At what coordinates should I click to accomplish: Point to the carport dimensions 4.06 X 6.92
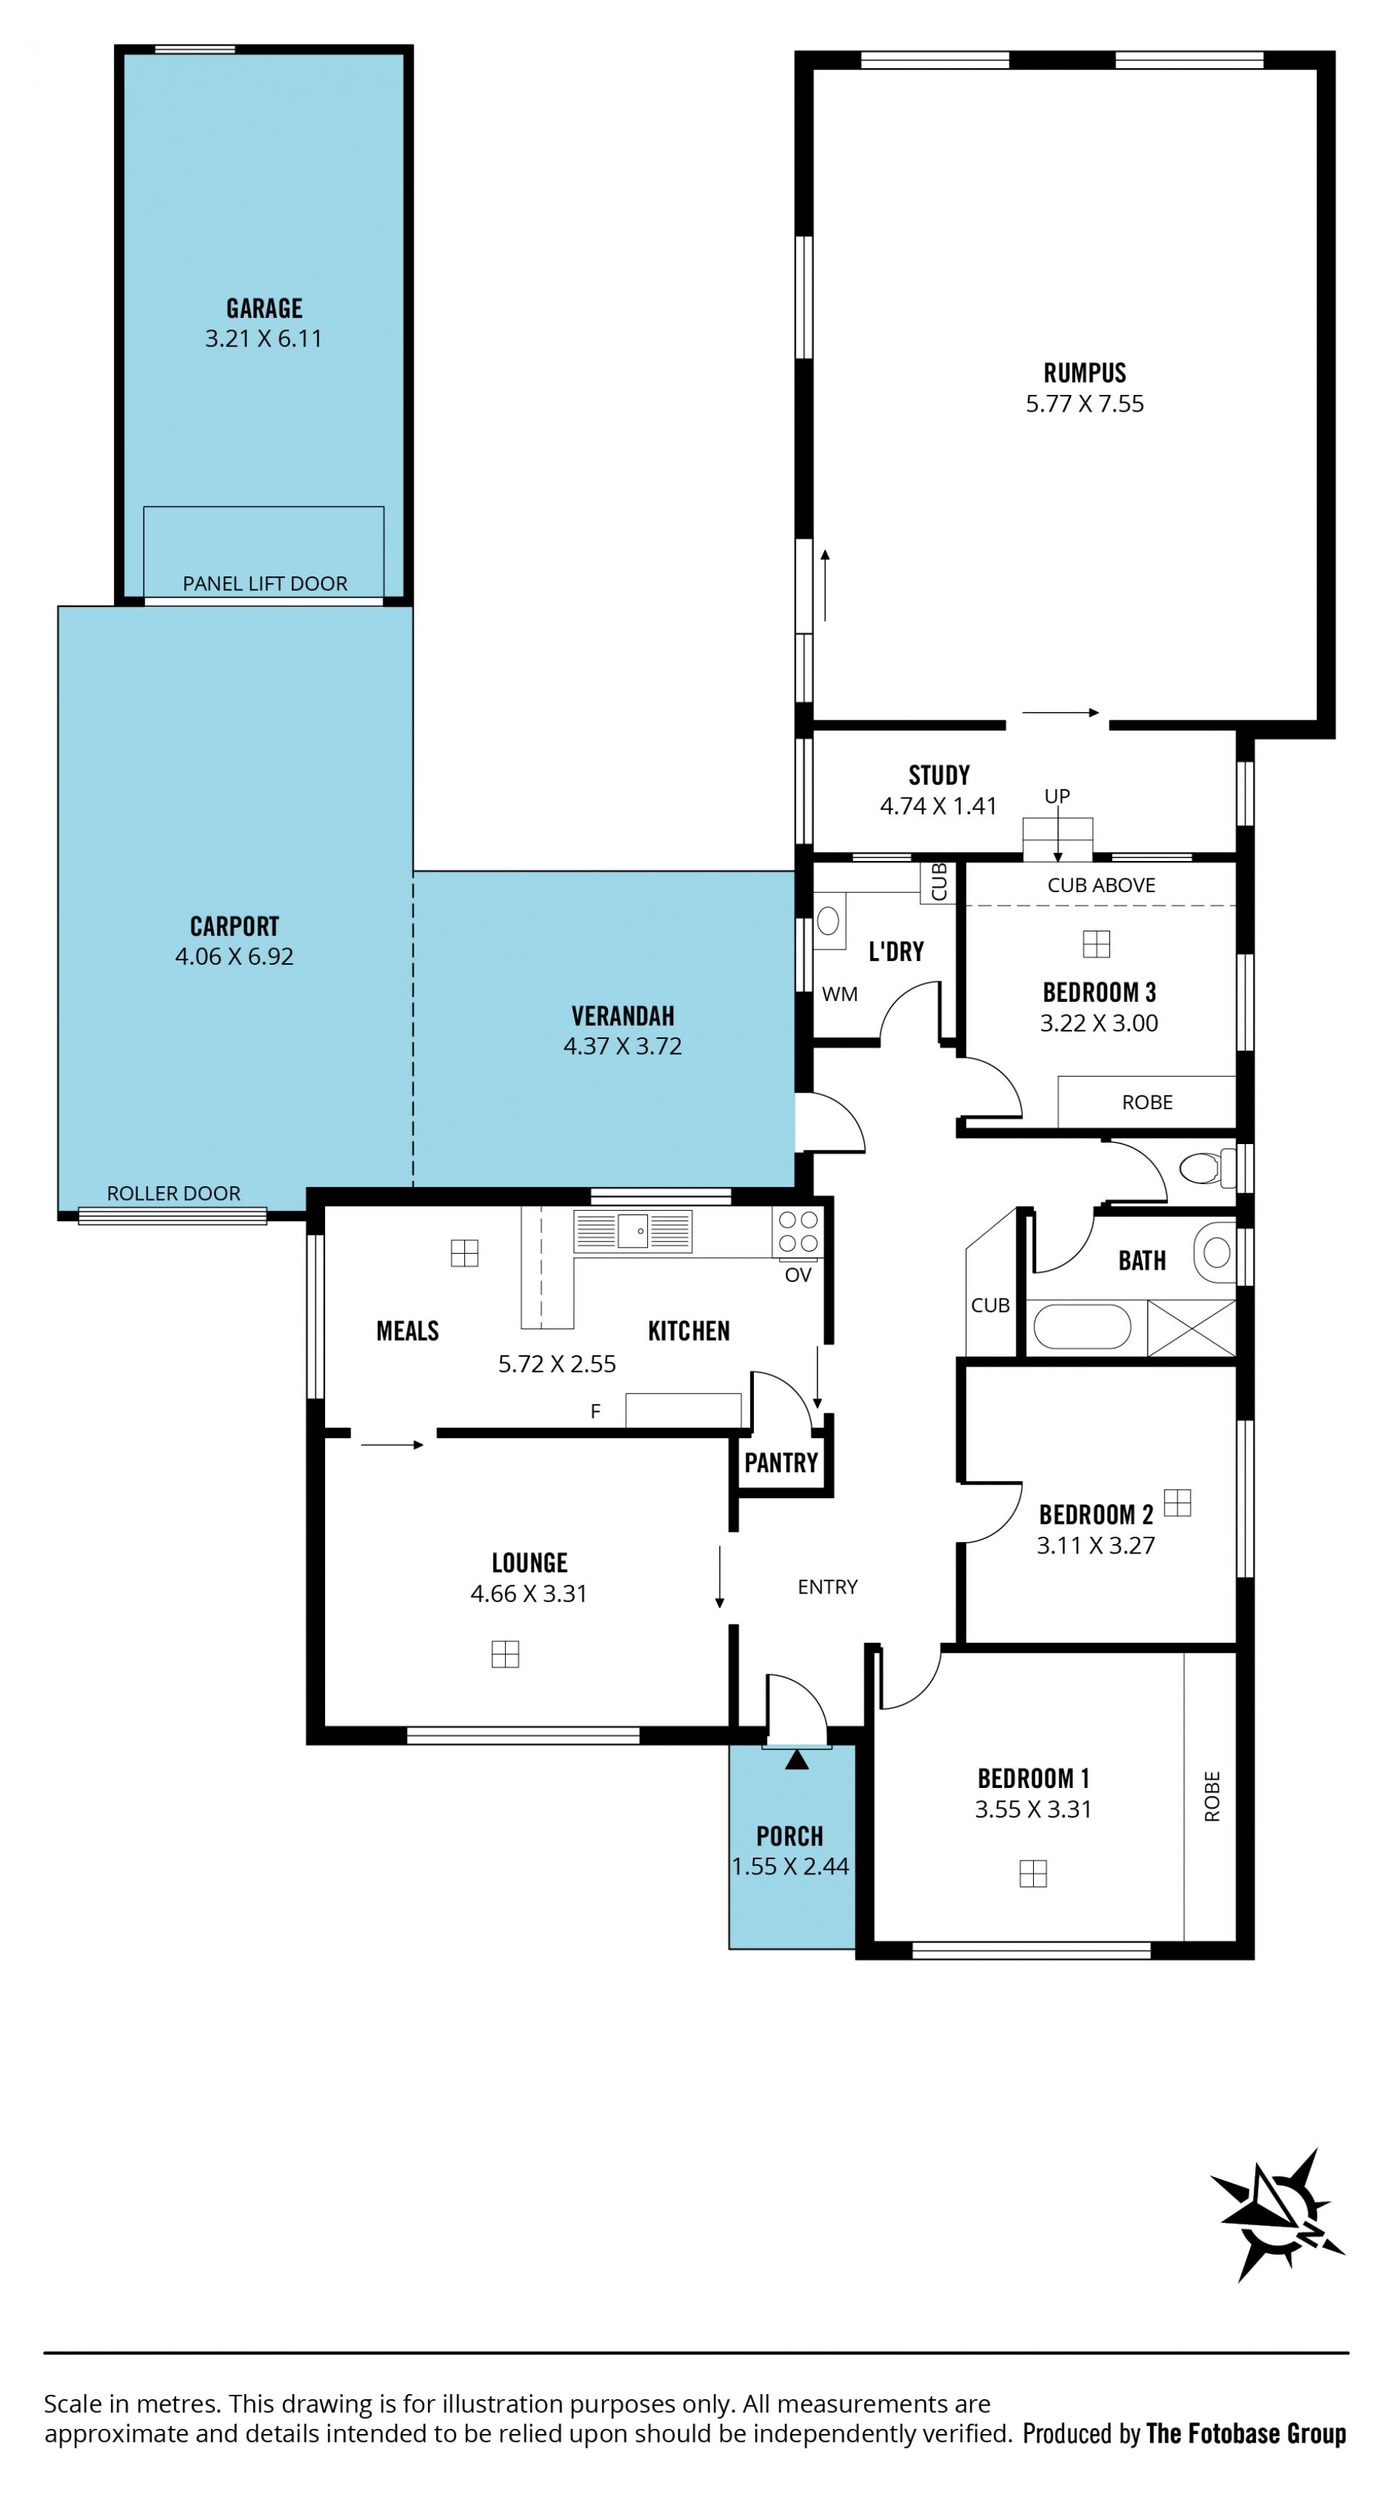234,956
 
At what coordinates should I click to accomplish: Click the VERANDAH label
622,1016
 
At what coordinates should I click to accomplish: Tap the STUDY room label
940,775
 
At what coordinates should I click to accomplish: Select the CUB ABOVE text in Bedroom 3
1101,884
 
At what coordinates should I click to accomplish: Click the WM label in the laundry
839,994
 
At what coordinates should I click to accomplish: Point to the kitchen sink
633,1231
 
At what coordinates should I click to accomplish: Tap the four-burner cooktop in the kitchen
797,1231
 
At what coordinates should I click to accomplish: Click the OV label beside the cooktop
797,1275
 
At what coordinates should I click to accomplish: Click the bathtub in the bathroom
1082,1327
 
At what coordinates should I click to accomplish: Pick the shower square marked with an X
1192,1327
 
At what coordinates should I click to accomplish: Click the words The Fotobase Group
1246,2433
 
